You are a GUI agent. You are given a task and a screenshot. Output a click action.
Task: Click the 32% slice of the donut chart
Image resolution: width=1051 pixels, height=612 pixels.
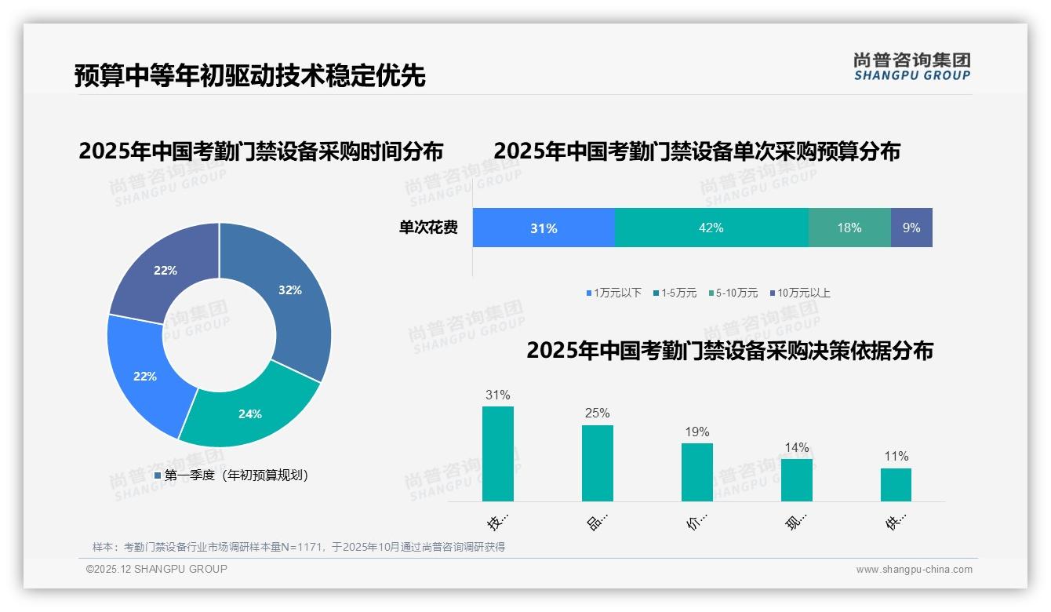[x=294, y=298]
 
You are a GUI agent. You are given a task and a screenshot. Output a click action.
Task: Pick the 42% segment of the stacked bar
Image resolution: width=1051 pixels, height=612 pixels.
[x=711, y=228]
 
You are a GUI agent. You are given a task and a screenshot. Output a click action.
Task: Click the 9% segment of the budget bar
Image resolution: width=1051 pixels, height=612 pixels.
[x=911, y=228]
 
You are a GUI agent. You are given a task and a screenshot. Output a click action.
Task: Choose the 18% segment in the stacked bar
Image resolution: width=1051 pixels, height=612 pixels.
[x=849, y=228]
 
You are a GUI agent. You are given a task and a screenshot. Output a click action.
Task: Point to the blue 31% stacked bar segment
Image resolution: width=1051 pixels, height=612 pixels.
[x=544, y=228]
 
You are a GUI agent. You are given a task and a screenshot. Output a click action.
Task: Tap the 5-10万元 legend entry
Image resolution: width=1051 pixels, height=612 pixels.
[x=736, y=293]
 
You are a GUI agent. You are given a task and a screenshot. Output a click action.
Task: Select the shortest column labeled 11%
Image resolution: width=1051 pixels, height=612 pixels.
[x=896, y=484]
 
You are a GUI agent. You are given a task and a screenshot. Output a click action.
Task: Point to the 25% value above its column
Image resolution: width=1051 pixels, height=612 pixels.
[x=597, y=413]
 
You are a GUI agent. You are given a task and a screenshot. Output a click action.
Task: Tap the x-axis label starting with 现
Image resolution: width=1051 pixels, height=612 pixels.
[x=796, y=522]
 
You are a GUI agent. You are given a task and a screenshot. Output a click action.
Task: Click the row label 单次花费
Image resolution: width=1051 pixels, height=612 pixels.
[x=428, y=228]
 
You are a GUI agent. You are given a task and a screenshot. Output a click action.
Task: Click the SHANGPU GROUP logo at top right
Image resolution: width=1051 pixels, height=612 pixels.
[x=911, y=66]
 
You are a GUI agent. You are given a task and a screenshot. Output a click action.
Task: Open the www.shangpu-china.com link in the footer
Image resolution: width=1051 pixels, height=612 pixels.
[x=914, y=570]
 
